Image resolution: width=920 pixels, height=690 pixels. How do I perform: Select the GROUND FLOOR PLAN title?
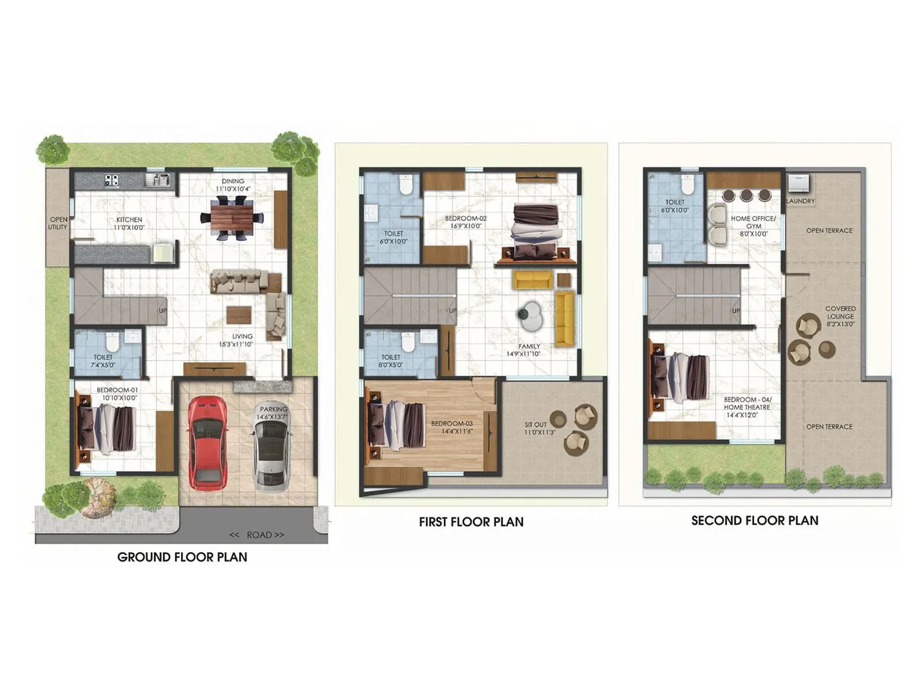(x=182, y=557)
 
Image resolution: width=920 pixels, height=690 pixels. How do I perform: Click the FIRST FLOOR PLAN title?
(x=471, y=522)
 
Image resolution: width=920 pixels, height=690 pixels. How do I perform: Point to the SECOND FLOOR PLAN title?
(x=754, y=521)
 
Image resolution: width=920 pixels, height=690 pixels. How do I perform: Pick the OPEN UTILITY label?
(x=58, y=223)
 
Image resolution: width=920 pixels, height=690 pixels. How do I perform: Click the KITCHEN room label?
(x=129, y=223)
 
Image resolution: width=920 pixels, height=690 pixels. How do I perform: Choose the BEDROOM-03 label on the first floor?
(x=453, y=427)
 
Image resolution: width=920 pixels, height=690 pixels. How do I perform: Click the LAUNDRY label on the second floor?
(x=800, y=201)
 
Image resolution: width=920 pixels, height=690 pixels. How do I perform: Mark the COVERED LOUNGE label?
(x=840, y=316)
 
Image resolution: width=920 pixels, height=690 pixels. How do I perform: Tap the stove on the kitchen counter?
(x=112, y=180)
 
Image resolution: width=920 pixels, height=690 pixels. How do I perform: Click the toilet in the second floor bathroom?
(x=687, y=184)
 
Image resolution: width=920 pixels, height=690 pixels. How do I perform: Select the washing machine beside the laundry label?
(x=798, y=183)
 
